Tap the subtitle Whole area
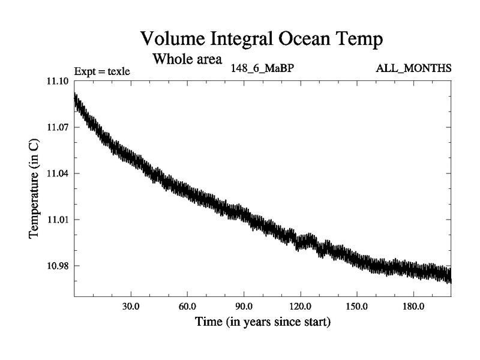187,59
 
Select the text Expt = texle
102,72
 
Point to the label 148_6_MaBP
262,68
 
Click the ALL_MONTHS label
413,68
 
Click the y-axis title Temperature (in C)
35,188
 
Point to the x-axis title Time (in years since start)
262,322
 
